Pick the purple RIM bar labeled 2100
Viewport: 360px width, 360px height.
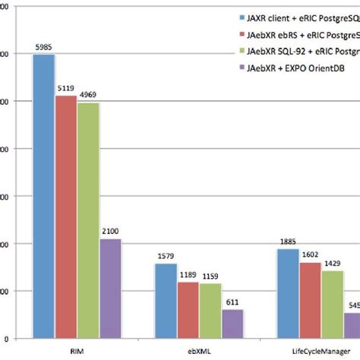(x=111, y=288)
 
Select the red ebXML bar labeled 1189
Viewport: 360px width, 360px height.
(x=188, y=309)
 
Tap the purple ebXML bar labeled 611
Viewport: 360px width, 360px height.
(x=233, y=323)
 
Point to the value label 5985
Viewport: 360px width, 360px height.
(x=43, y=47)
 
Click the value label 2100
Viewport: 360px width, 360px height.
(x=111, y=231)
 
